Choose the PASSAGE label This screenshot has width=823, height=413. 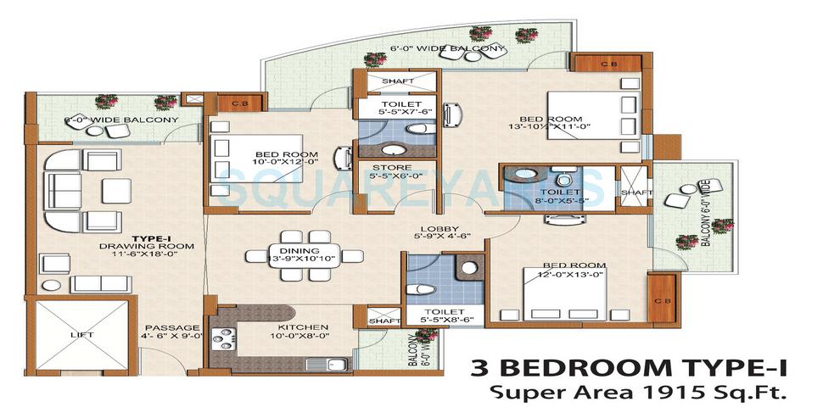pos(171,327)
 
